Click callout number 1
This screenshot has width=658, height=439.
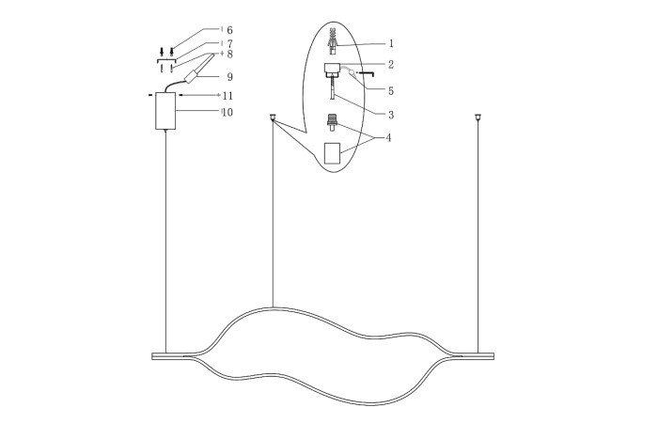[390, 43]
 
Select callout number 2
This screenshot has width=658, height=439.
[390, 65]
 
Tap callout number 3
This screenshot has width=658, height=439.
[390, 114]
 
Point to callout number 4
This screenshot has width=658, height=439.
[390, 138]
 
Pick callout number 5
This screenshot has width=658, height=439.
[390, 91]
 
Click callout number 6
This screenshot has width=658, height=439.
[229, 30]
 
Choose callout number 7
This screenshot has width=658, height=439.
[229, 44]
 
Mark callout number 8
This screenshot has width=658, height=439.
[229, 55]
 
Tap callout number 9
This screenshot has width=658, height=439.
[228, 76]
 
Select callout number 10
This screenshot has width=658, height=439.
[227, 113]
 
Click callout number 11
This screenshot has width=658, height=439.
[227, 96]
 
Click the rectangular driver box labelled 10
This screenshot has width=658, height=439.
[165, 112]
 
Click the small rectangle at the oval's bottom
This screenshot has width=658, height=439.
[331, 153]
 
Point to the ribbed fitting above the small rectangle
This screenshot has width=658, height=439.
[331, 123]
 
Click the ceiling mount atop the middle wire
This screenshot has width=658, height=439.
[273, 118]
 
